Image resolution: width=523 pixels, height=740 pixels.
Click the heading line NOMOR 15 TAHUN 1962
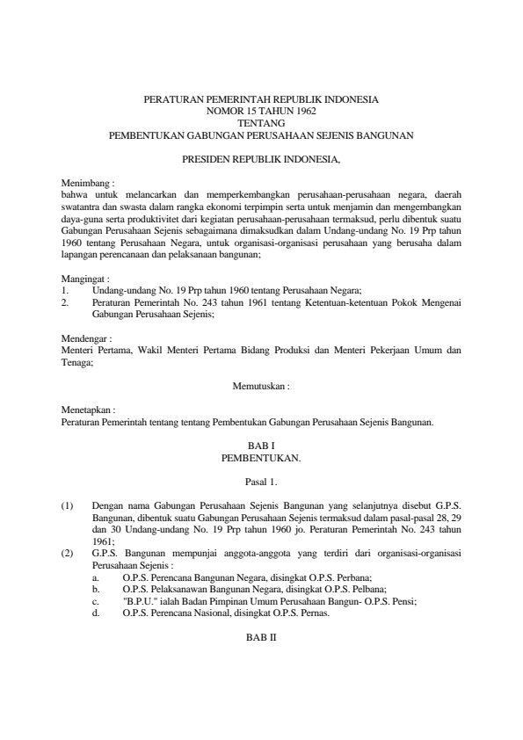click(x=261, y=112)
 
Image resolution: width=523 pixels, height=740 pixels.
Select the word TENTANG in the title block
click(x=261, y=124)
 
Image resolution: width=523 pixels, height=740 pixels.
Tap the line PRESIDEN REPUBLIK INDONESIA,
click(x=261, y=159)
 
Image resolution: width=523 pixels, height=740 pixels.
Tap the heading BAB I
click(x=261, y=446)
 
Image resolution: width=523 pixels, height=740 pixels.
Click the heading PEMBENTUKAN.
click(x=261, y=458)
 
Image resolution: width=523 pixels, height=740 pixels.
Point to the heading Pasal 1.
click(x=261, y=482)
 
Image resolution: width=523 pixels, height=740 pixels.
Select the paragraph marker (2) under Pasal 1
click(x=67, y=552)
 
